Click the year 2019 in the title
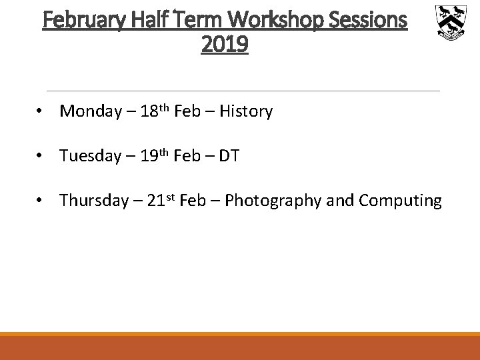tap(225, 45)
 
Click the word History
tap(245, 111)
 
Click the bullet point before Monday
tap(41, 111)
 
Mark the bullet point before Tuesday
tap(41, 156)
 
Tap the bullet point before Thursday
tap(41, 200)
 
